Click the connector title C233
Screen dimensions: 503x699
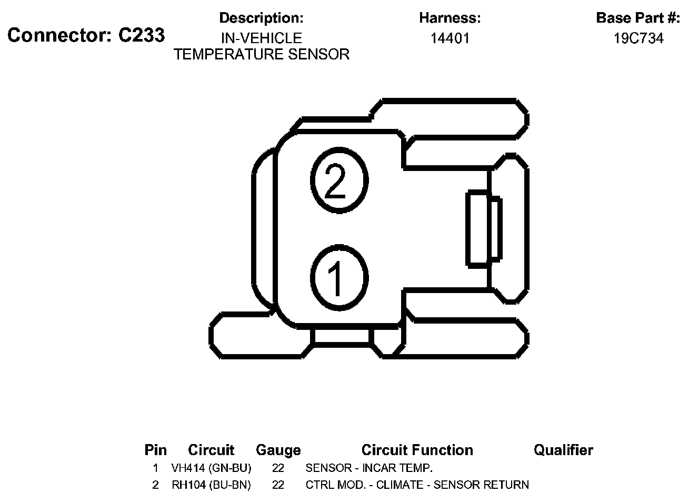pyautogui.click(x=86, y=35)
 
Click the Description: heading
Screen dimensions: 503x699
pyautogui.click(x=261, y=18)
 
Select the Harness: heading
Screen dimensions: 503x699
pyautogui.click(x=450, y=18)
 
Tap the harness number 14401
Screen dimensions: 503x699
pyautogui.click(x=450, y=38)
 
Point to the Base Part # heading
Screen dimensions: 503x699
pyautogui.click(x=638, y=18)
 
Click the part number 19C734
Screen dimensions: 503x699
pyautogui.click(x=638, y=38)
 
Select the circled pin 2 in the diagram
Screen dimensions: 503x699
pyautogui.click(x=338, y=180)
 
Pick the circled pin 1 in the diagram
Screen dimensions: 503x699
pyautogui.click(x=338, y=277)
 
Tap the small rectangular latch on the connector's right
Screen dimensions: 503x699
pyautogui.click(x=483, y=229)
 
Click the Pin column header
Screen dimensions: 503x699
pyautogui.click(x=155, y=450)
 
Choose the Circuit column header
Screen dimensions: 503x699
pyautogui.click(x=211, y=450)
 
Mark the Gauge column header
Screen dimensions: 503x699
pyautogui.click(x=278, y=450)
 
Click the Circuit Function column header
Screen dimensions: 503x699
pyautogui.click(x=417, y=450)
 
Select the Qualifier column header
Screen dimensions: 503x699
pyautogui.click(x=563, y=450)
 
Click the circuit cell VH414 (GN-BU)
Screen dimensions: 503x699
pyautogui.click(x=211, y=468)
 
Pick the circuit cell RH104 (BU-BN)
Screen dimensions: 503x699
pyautogui.click(x=211, y=485)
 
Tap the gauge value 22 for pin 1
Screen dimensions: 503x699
pyautogui.click(x=278, y=468)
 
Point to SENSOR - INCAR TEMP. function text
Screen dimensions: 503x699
pyautogui.click(x=369, y=468)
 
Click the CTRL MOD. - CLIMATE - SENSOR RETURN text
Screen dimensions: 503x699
pyautogui.click(x=417, y=485)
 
